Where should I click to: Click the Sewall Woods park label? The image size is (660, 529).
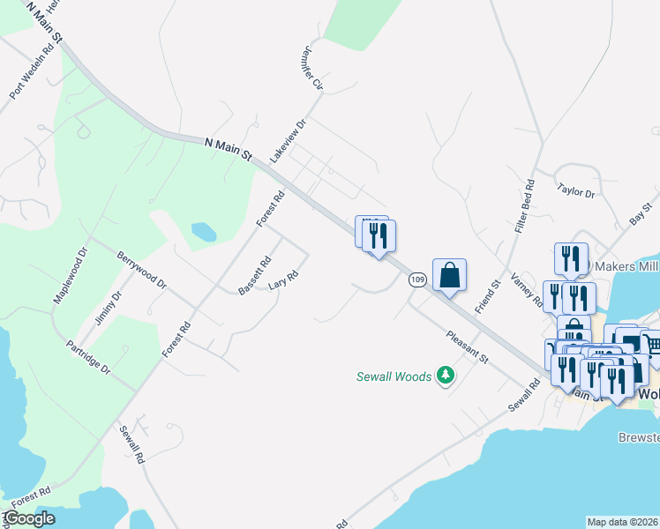pos(394,376)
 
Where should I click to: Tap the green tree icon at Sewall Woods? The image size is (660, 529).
pos(446,376)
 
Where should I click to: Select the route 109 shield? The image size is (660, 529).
pos(417,279)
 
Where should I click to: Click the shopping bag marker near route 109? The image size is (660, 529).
pos(449,274)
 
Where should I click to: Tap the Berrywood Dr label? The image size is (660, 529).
pos(141,270)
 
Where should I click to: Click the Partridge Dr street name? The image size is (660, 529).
pos(88,356)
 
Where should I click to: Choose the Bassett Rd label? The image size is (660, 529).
pos(255,276)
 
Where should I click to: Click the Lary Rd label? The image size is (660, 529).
pos(283,285)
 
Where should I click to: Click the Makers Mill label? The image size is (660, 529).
pos(626,266)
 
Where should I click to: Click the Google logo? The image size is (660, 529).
pos(29,518)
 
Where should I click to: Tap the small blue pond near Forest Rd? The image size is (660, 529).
pos(204,232)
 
